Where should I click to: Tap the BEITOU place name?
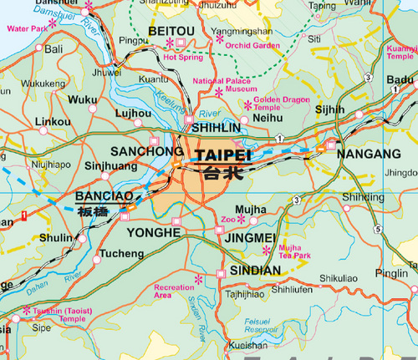click(x=170, y=32)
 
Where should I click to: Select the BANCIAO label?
click(x=104, y=197)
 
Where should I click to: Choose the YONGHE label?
click(x=155, y=231)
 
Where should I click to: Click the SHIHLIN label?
click(x=216, y=128)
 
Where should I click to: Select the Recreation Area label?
click(x=175, y=291)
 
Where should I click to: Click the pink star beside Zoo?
click(x=242, y=219)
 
